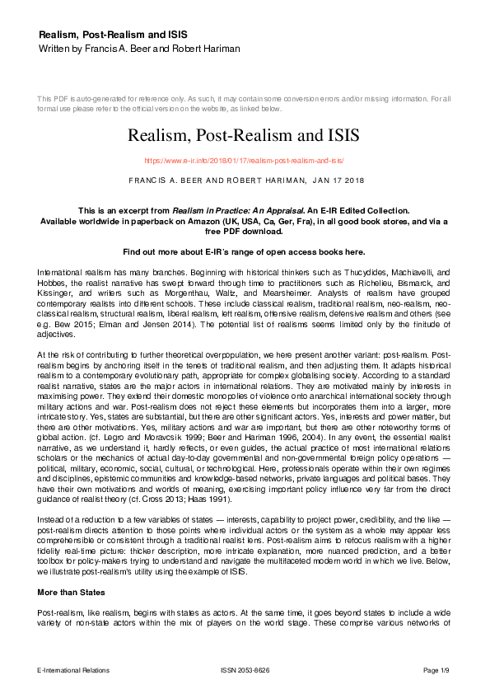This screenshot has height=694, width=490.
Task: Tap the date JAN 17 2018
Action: point(336,179)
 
